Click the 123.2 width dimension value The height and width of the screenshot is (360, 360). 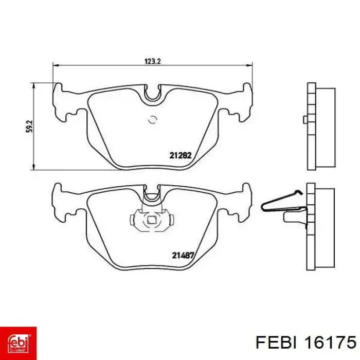(x=153, y=61)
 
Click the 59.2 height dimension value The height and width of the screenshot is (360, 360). (x=29, y=127)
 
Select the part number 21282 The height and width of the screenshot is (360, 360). (x=181, y=155)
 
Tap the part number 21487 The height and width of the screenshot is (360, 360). (x=183, y=255)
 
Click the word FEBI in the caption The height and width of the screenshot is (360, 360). (x=276, y=343)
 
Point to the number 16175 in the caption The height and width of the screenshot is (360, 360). (x=330, y=343)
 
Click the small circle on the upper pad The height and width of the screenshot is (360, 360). (x=152, y=120)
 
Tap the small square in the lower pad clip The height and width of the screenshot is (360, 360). (x=151, y=220)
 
